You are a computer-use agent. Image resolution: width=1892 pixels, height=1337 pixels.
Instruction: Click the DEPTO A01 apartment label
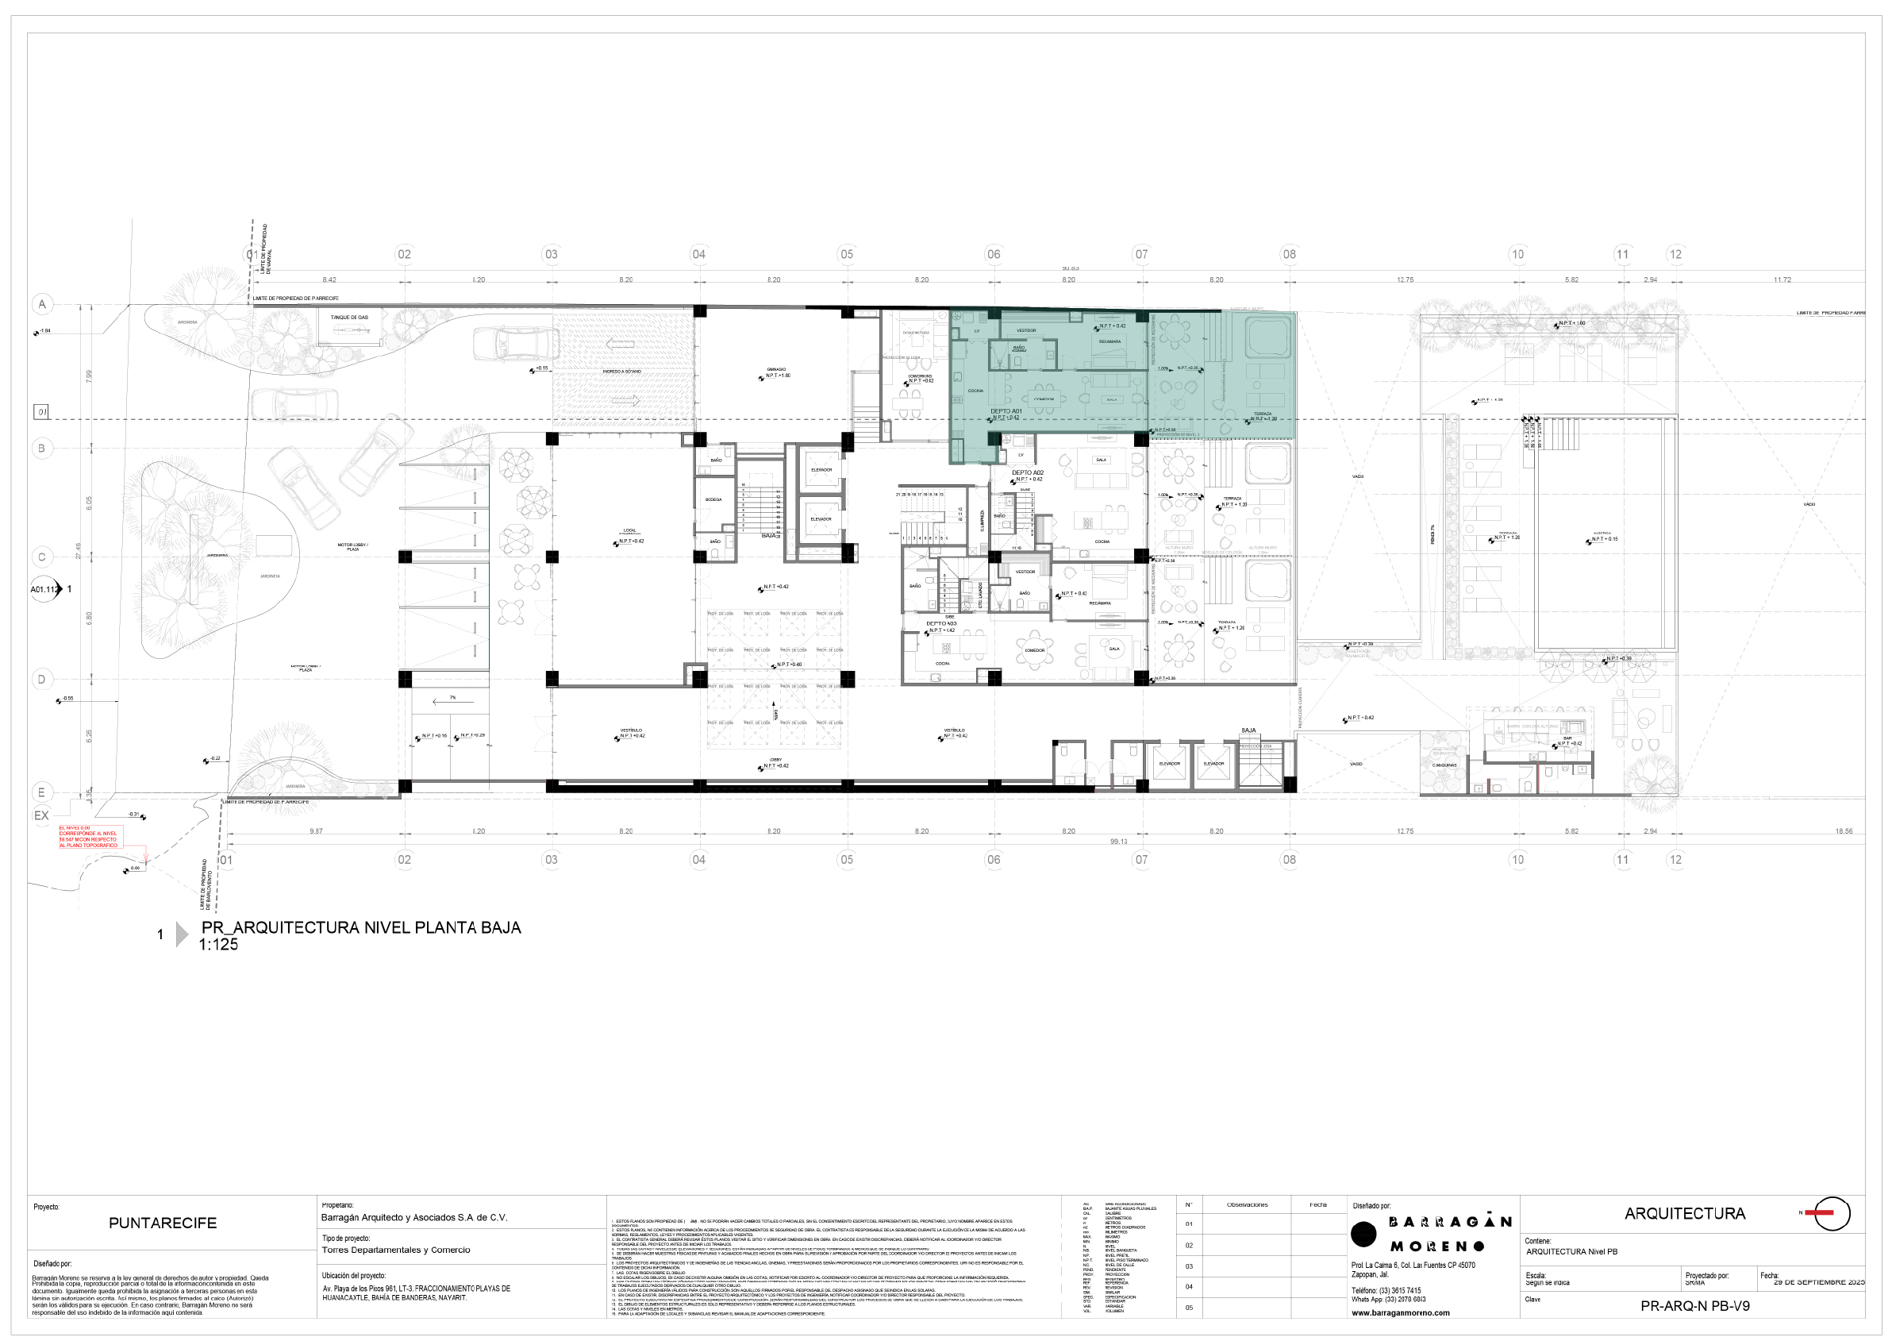(1006, 410)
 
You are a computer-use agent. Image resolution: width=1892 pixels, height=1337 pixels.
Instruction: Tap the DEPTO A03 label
(941, 624)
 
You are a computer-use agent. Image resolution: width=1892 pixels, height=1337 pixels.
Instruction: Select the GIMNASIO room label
(776, 369)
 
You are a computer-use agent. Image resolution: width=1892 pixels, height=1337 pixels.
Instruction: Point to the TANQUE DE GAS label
(349, 318)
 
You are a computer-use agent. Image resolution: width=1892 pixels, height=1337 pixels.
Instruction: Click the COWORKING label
(920, 376)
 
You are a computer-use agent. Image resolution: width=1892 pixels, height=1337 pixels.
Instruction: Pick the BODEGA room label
(713, 499)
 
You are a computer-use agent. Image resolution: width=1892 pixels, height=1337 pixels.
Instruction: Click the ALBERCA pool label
(1601, 534)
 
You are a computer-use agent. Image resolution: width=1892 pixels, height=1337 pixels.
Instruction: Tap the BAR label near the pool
(1567, 738)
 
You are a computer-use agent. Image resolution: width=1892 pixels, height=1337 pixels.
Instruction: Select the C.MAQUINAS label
(1444, 765)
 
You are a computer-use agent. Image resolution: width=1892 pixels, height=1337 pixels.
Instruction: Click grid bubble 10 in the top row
(1517, 254)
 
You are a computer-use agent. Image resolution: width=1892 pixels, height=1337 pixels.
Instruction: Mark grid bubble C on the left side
(42, 557)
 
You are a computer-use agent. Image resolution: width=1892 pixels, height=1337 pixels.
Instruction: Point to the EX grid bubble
(41, 815)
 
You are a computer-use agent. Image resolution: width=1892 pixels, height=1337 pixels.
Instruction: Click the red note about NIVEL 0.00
(88, 837)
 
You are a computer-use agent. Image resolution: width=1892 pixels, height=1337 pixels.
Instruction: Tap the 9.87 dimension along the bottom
(317, 831)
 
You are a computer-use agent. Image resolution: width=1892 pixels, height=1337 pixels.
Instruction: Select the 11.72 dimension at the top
(1782, 280)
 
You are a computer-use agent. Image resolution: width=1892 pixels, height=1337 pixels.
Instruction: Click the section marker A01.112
(44, 589)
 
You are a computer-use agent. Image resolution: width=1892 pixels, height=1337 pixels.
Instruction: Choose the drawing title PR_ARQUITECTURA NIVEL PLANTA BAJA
(361, 928)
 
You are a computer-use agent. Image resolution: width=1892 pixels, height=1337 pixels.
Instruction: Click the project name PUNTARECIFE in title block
(163, 1223)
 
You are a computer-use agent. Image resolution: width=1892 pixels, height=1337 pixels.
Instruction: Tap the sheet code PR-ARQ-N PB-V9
(1694, 1306)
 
